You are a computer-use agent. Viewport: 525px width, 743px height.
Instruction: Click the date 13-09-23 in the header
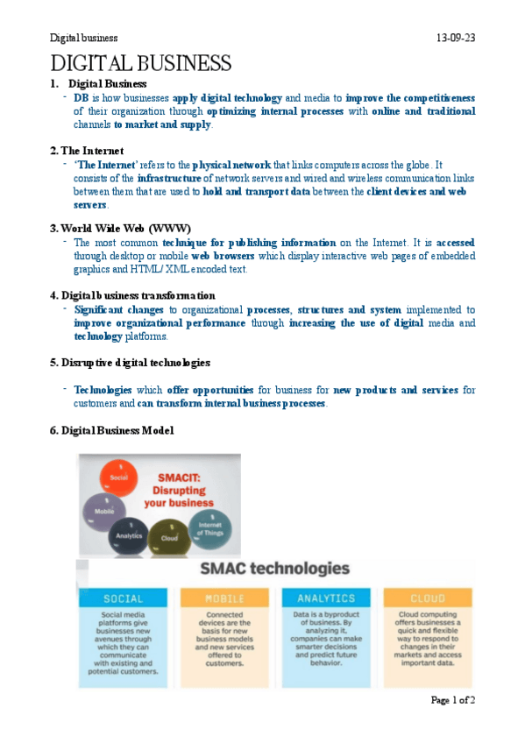[455, 39]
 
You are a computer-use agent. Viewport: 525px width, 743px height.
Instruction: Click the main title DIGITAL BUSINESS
[141, 63]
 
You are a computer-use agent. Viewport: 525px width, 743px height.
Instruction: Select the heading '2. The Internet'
[87, 150]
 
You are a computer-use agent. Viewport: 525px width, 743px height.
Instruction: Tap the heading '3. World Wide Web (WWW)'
[120, 228]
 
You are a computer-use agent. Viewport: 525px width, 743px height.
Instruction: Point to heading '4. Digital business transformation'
[138, 294]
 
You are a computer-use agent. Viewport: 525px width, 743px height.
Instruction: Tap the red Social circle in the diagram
[120, 477]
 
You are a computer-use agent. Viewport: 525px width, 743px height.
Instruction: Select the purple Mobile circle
[102, 509]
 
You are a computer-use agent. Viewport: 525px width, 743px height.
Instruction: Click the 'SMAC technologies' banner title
[275, 569]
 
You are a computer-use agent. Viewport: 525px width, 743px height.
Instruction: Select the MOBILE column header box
[224, 598]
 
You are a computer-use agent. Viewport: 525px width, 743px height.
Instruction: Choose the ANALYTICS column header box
[325, 598]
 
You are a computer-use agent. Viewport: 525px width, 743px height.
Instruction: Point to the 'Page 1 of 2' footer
[452, 699]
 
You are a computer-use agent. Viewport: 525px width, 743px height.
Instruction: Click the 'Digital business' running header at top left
[83, 39]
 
